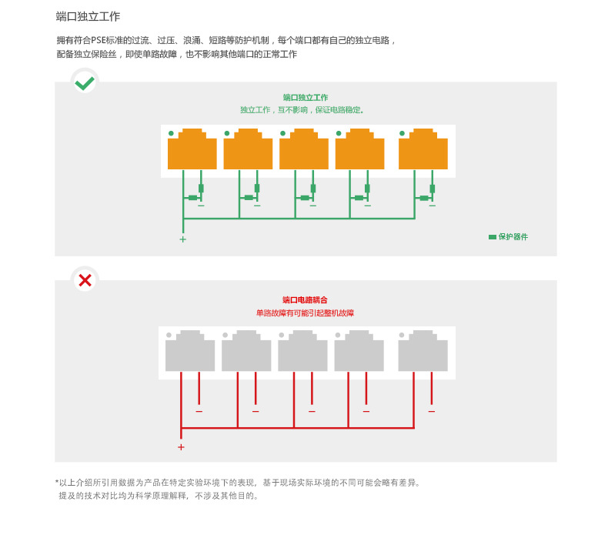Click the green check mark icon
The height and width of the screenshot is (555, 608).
(85, 82)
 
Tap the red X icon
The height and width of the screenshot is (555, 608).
(85, 280)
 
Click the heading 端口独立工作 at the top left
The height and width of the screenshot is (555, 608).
(88, 16)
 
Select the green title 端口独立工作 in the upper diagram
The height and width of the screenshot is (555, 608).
(305, 98)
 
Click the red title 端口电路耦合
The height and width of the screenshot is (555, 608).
(305, 300)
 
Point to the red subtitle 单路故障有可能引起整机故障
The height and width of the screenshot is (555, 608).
(305, 313)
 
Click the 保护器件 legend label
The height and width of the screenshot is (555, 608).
(513, 237)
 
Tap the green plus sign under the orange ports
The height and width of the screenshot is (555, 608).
(182, 239)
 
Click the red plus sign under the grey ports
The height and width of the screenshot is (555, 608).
(181, 447)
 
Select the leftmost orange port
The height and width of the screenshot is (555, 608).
(192, 150)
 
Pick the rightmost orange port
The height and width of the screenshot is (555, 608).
(423, 150)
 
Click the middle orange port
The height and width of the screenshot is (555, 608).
(303, 150)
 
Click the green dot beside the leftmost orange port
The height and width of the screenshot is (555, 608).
(171, 133)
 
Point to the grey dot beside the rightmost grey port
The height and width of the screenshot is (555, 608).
(401, 335)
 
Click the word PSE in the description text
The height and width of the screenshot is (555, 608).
(98, 41)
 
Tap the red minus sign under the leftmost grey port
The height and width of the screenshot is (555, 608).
(199, 412)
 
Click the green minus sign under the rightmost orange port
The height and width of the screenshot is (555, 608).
(432, 206)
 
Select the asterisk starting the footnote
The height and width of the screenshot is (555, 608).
(57, 483)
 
